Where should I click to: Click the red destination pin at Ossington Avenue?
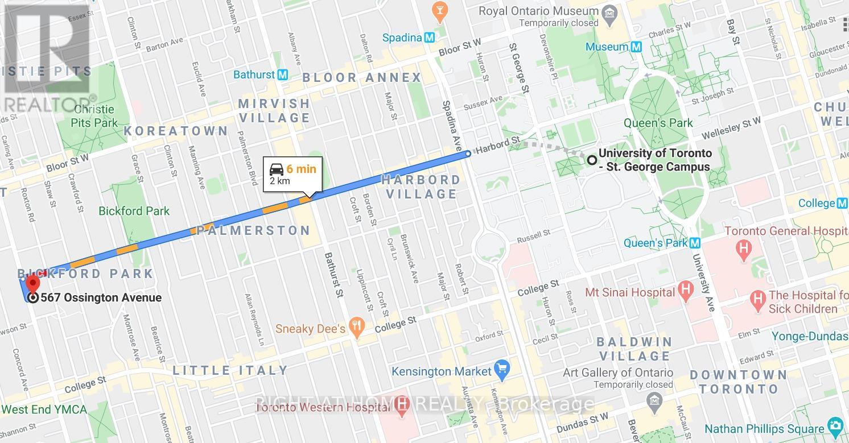(x=33, y=283)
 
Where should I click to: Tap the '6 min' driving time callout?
(x=301, y=169)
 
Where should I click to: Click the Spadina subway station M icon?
(x=430, y=38)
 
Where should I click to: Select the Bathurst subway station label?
(x=254, y=74)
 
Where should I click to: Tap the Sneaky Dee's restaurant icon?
(x=357, y=328)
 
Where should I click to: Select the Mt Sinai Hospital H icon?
(x=686, y=292)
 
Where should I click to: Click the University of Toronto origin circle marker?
(x=592, y=160)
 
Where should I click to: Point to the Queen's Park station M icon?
(x=695, y=243)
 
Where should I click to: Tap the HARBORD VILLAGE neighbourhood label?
(x=421, y=187)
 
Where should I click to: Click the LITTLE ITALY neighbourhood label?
(x=230, y=370)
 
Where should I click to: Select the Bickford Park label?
(x=134, y=211)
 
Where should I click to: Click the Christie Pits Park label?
(x=94, y=116)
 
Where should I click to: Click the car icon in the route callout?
(x=277, y=169)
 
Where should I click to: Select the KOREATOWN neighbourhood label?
(x=176, y=131)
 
